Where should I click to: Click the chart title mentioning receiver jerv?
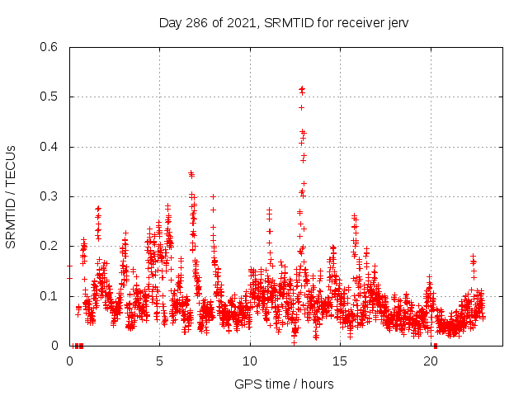coord(284,22)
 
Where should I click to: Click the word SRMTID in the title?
coord(287,22)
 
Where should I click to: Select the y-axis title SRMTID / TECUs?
coord(12,196)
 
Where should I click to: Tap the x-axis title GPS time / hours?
coord(284,384)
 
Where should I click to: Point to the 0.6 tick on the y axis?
coord(51,47)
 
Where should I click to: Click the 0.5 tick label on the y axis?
coord(51,97)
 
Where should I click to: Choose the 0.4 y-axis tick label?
coord(51,147)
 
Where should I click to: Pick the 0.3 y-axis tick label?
coord(51,196)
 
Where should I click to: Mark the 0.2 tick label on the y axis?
coord(51,246)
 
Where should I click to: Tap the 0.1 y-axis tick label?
coord(51,296)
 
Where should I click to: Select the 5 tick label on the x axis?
coord(160,361)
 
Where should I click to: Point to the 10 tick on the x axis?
coord(250,361)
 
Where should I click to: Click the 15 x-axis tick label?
coord(341,361)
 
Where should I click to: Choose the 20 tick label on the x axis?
coord(431,361)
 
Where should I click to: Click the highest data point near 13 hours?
coord(302,88)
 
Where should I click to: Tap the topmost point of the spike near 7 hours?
coord(191,172)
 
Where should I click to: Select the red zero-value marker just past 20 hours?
coord(435,346)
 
